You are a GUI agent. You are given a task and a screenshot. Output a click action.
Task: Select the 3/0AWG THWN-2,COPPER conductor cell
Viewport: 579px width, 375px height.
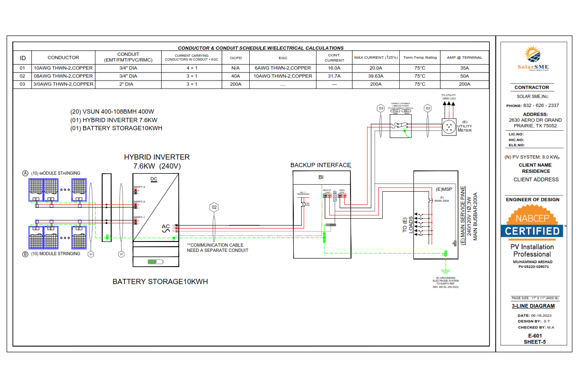pos(63,84)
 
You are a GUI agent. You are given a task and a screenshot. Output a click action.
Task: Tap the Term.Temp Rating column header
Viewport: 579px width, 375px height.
pos(420,58)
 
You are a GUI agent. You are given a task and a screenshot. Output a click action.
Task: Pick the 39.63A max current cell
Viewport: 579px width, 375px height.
pos(376,76)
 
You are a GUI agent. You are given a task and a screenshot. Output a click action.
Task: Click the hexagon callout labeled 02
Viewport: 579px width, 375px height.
pos(214,207)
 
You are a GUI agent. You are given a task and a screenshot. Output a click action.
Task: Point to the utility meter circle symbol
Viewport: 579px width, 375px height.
pos(448,127)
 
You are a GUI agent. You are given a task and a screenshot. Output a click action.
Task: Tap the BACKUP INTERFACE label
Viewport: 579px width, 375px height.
pos(321,165)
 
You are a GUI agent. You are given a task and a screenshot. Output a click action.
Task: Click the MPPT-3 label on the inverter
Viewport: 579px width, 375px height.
pos(139,187)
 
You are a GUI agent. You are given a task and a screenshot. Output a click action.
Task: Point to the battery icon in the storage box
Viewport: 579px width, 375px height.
pos(155,261)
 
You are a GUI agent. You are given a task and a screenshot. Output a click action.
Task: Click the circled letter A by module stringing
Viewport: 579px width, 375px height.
pos(26,173)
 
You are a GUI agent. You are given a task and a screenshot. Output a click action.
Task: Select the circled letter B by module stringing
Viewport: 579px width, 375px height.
pos(26,254)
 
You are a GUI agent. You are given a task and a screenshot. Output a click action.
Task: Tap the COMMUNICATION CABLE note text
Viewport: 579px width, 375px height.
pos(217,248)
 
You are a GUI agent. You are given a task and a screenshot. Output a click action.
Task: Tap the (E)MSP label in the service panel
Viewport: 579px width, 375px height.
pos(445,189)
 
